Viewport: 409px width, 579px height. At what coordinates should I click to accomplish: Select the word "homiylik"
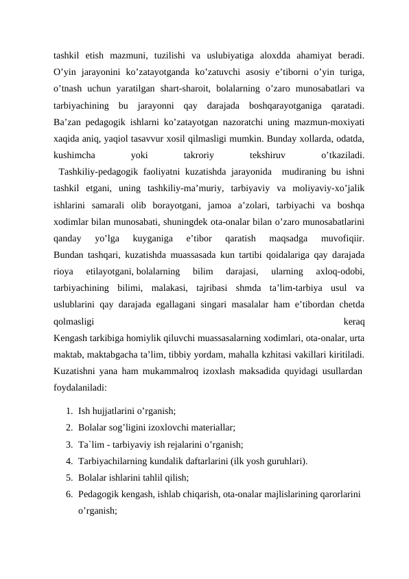pos(148,339)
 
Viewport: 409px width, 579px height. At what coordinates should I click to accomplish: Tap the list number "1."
pos(71,411)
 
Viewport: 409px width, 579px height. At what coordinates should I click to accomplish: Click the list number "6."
pos(71,493)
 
